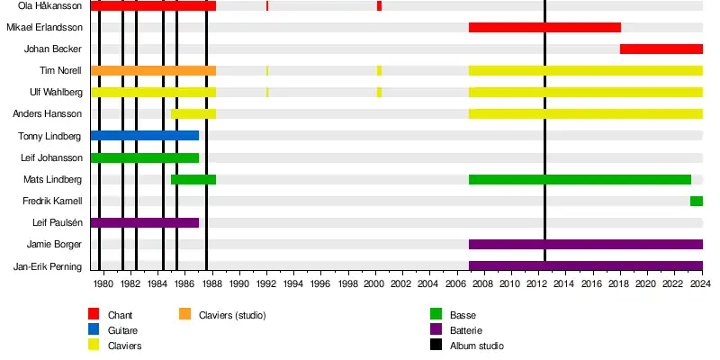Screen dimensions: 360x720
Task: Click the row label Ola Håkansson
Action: tap(50, 6)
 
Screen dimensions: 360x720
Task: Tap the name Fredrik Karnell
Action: tap(52, 201)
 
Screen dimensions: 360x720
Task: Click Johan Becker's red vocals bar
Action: tap(661, 49)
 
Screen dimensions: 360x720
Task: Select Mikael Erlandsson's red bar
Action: tap(544, 27)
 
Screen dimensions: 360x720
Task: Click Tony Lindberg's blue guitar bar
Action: tap(145, 136)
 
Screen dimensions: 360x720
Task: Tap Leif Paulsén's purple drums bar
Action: tap(145, 222)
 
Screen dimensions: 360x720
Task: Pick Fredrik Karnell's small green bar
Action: tap(696, 201)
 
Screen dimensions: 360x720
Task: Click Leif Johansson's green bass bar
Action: tap(145, 157)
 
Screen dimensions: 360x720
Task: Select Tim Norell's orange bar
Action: tap(153, 70)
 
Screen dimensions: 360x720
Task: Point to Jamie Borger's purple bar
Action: tap(585, 244)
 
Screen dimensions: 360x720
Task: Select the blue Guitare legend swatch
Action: tap(94, 330)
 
